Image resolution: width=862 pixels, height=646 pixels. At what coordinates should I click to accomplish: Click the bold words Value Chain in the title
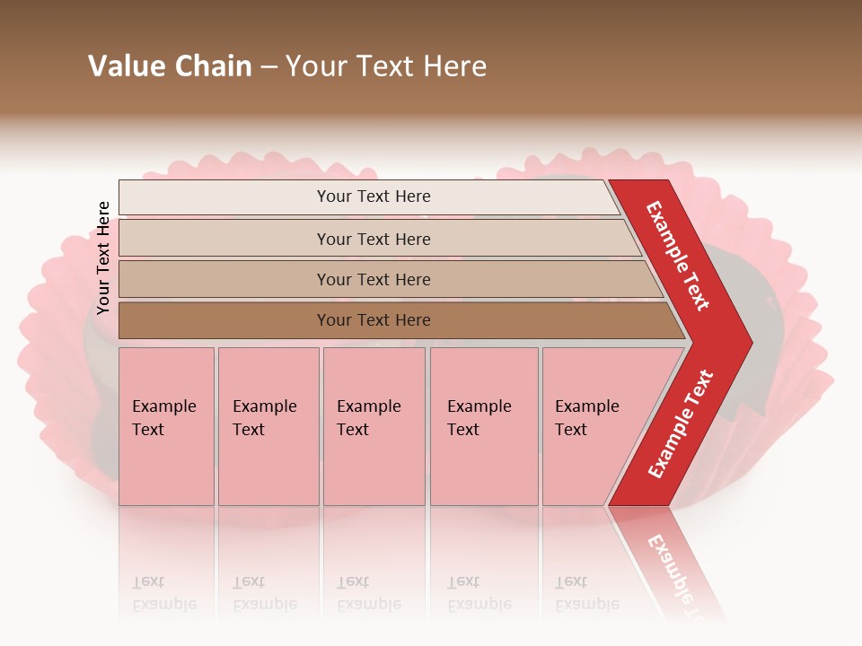click(170, 66)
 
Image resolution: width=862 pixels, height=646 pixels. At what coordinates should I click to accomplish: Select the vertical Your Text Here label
click(103, 258)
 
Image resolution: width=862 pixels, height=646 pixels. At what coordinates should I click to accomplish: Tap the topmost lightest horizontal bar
click(224, 197)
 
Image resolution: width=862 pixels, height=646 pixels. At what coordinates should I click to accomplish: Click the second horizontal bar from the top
click(224, 239)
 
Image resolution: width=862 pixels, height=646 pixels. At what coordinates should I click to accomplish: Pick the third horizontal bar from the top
click(224, 280)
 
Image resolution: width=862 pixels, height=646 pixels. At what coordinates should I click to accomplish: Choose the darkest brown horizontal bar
click(224, 320)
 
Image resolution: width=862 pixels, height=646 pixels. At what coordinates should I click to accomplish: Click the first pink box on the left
click(166, 467)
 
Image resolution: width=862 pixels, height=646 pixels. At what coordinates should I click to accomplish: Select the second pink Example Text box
click(268, 467)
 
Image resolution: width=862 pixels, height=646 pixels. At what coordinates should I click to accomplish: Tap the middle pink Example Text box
click(374, 467)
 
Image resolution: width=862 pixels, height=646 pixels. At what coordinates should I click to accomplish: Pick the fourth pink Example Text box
click(484, 467)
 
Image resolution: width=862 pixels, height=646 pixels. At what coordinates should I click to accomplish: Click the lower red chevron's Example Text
click(681, 423)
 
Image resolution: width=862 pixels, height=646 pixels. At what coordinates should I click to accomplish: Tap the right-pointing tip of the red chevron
click(745, 342)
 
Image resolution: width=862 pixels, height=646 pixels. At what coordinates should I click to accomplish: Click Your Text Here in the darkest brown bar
click(374, 320)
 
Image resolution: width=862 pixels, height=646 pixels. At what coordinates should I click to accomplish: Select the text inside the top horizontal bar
click(374, 196)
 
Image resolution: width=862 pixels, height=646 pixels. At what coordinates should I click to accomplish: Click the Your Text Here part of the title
click(386, 66)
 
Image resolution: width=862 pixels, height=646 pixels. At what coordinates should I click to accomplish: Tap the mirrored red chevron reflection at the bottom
click(669, 561)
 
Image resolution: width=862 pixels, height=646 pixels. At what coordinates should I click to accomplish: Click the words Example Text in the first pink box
click(163, 418)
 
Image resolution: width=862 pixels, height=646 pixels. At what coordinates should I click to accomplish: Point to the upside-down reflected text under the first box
click(163, 593)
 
